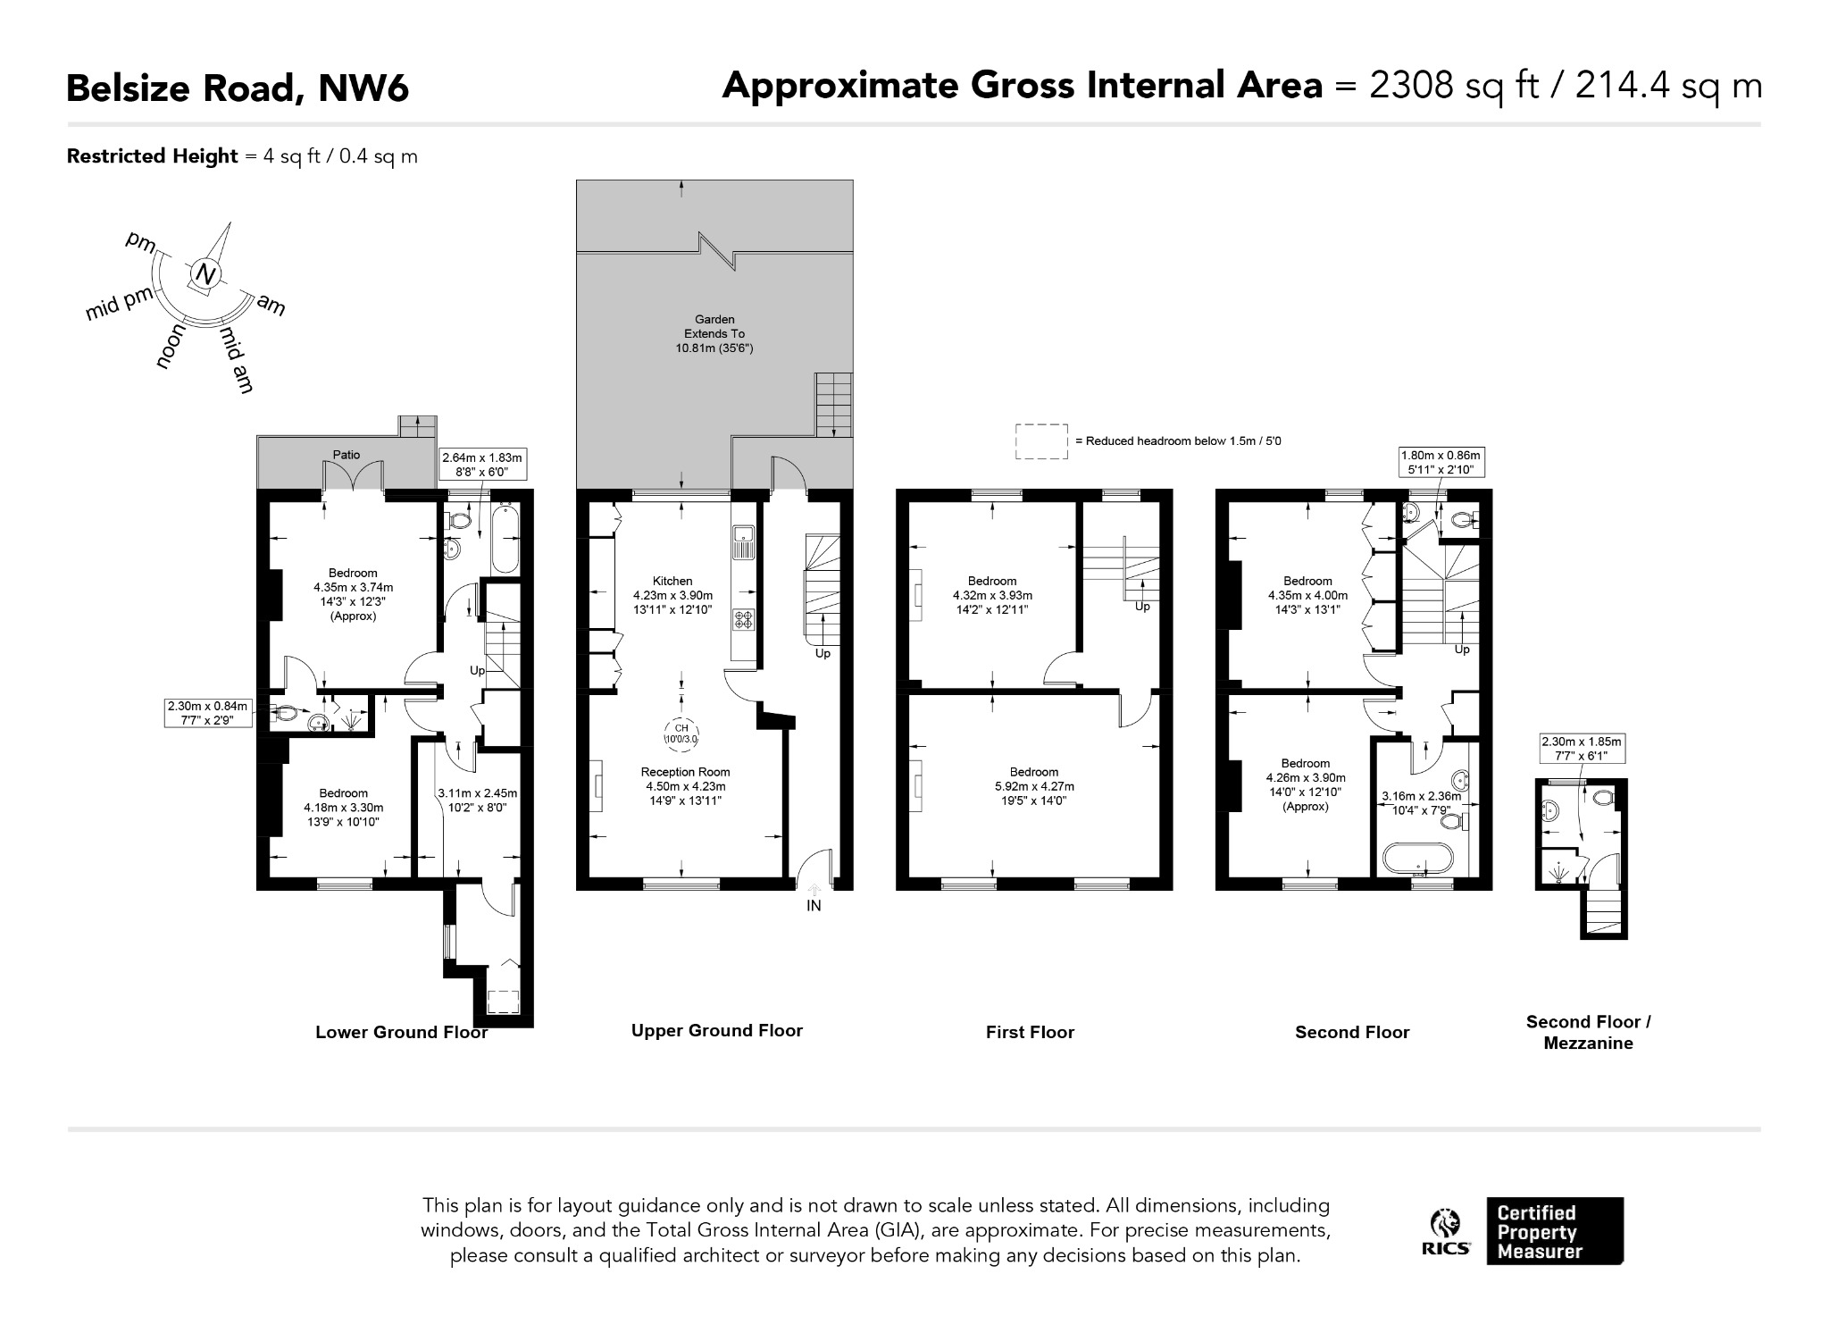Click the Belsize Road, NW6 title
tap(238, 88)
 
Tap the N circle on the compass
tap(205, 274)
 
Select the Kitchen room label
tap(672, 581)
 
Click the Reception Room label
tap(685, 772)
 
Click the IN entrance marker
tap(814, 905)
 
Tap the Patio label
tap(347, 455)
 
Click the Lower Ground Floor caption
tap(402, 1032)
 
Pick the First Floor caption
tap(1030, 1032)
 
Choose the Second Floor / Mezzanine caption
tap(1588, 1032)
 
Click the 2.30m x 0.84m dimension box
tap(207, 713)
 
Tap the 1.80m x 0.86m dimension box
tap(1441, 462)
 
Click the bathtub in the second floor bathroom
tap(1417, 859)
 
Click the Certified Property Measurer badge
tap(1555, 1231)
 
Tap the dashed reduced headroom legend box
tap(1041, 441)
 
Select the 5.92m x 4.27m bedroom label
tap(1034, 786)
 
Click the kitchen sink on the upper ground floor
tap(744, 543)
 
